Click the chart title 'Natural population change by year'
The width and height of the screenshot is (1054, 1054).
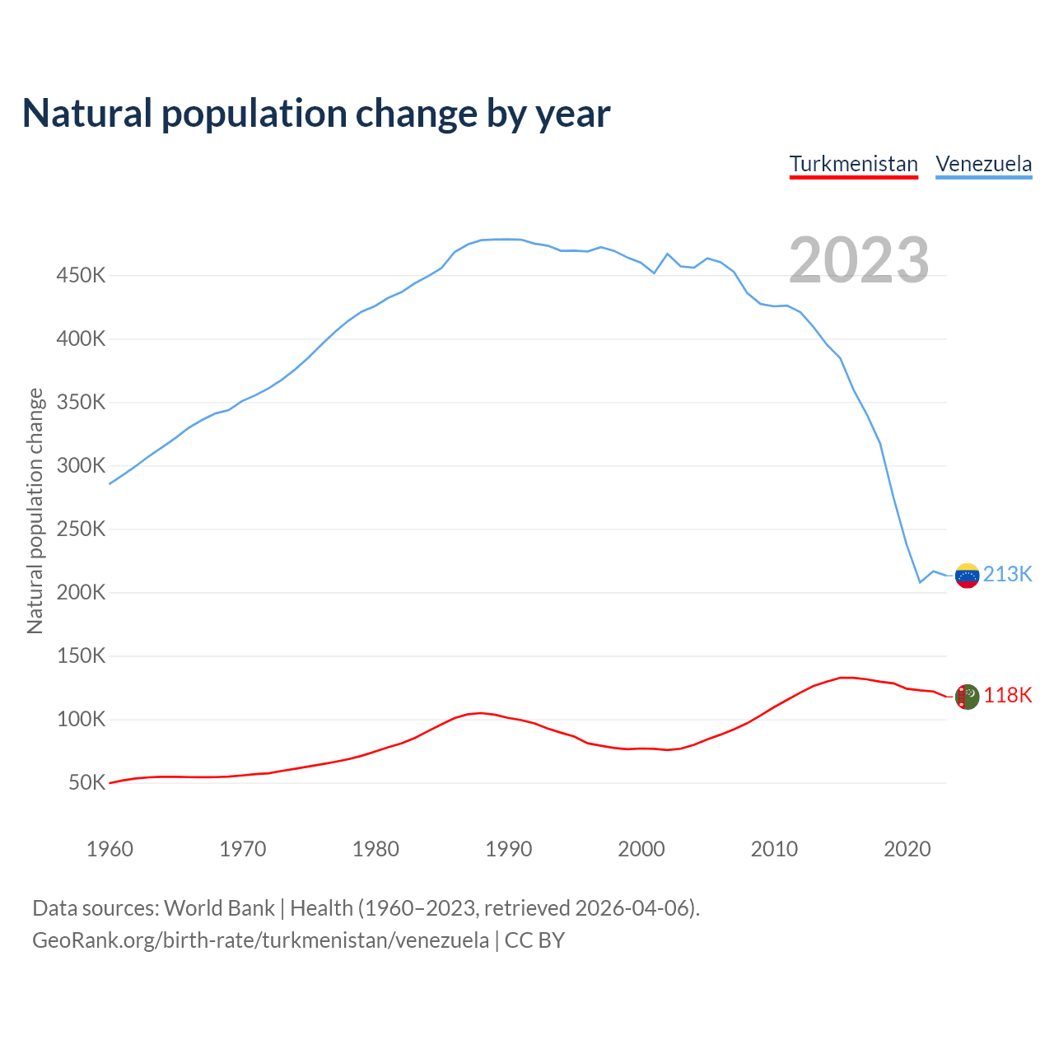[316, 114]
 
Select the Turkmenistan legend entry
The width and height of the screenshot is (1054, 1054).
[853, 164]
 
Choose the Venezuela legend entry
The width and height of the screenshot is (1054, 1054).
[983, 164]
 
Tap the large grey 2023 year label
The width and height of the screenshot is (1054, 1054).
[859, 260]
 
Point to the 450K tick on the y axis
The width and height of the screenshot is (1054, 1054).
[81, 276]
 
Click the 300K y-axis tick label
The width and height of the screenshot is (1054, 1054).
[81, 466]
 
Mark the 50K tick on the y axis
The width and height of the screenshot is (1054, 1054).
[86, 783]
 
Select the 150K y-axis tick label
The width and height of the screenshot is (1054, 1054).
[81, 656]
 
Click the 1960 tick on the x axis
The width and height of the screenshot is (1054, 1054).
[110, 849]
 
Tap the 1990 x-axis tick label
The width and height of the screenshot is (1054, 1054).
[508, 849]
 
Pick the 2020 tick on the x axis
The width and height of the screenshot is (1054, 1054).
[907, 849]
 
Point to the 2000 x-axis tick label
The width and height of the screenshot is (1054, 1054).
[641, 849]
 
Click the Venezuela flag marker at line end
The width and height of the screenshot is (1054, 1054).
[967, 576]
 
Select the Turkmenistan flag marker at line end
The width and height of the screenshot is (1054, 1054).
[967, 697]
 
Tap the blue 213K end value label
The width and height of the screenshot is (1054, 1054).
[1007, 574]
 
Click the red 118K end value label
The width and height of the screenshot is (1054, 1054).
[1007, 696]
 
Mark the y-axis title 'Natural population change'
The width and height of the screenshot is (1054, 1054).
[35, 511]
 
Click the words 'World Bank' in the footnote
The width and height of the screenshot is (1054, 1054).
[219, 908]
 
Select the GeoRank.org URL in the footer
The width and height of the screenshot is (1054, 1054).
[260, 940]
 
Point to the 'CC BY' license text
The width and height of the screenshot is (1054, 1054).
[534, 940]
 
